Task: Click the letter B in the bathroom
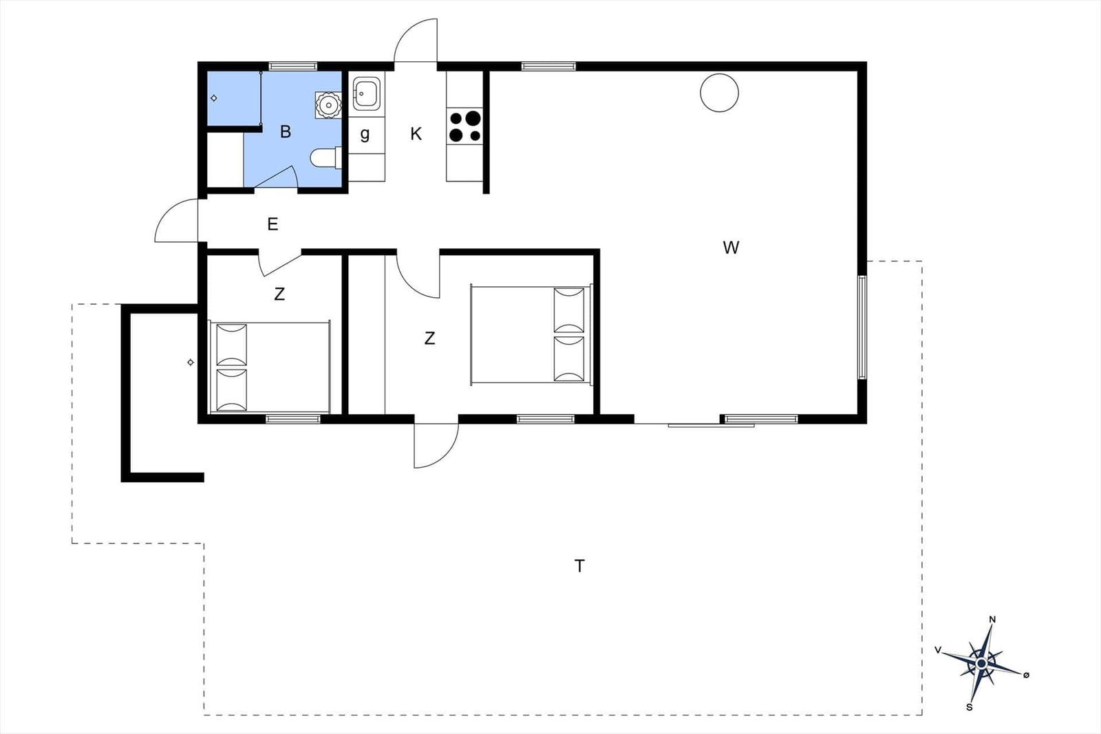pos(286,131)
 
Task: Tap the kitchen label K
pos(416,133)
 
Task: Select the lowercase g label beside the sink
pos(365,133)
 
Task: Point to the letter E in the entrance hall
pos(272,224)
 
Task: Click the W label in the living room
pos(731,248)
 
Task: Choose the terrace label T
pos(579,566)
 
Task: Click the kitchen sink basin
pos(365,94)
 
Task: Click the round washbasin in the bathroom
pos(328,105)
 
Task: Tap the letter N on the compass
pos(992,620)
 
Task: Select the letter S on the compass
pos(970,707)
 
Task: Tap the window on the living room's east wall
pos(862,327)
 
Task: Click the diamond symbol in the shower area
pos(214,98)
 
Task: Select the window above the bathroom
pos(293,66)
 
